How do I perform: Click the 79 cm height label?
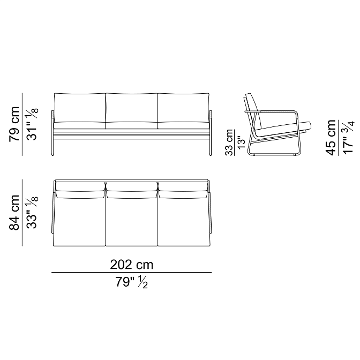14,124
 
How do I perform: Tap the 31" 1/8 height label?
32,124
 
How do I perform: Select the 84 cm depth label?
14,213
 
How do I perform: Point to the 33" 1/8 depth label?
32,213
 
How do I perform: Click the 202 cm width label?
132,265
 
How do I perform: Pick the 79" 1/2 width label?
132,282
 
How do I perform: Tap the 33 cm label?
229,142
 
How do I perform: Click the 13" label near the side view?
242,143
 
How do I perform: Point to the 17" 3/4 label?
349,138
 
